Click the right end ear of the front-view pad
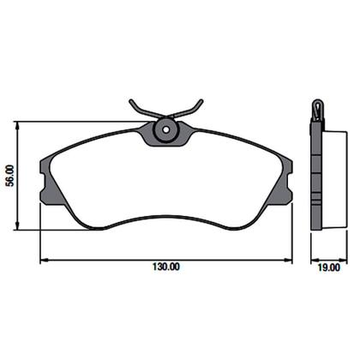coord(286,175)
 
